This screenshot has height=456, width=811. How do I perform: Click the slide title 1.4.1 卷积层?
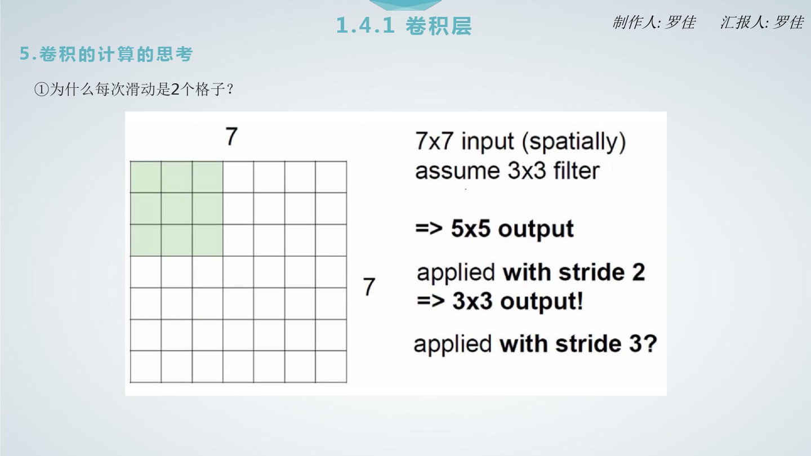click(404, 26)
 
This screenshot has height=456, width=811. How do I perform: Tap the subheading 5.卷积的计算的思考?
click(106, 54)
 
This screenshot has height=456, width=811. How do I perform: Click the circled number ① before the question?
click(41, 89)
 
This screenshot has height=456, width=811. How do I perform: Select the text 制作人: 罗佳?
click(654, 23)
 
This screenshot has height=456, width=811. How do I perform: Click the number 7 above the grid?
click(231, 136)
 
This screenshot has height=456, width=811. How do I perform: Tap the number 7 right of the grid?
click(369, 287)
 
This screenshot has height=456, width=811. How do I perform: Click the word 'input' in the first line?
click(488, 141)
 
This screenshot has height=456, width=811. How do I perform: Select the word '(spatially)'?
click(574, 141)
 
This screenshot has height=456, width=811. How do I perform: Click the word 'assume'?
click(457, 171)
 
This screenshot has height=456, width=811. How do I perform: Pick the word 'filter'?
click(576, 171)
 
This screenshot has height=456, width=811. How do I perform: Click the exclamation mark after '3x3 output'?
click(580, 301)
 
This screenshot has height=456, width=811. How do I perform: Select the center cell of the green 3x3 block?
click(177, 208)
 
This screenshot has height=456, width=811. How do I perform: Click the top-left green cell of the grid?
click(146, 177)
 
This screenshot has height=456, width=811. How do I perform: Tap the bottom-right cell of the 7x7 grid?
click(331, 366)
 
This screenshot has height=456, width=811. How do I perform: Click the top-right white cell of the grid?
click(331, 177)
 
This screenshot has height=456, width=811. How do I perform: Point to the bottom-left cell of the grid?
click(146, 366)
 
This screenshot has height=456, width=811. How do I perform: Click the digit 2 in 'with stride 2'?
click(639, 272)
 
